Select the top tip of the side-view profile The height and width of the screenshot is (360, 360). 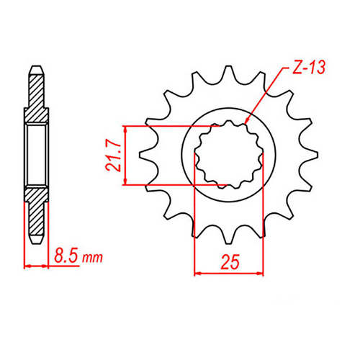point(36,68)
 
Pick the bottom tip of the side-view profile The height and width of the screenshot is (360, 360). point(36,240)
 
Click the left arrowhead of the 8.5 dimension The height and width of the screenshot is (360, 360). point(27,266)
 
